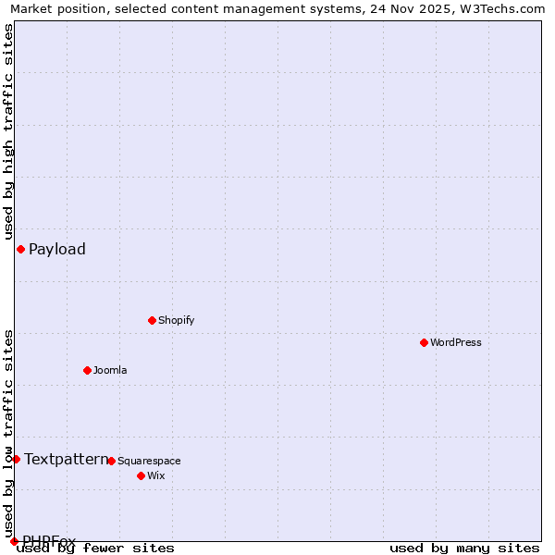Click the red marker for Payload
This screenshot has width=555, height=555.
20,249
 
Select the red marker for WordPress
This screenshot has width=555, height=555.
424,342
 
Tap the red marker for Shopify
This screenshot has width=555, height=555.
152,320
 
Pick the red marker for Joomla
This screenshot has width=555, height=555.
87,370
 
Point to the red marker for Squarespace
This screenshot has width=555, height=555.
111,461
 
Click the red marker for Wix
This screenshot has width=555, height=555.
141,475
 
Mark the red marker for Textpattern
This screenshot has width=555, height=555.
16,459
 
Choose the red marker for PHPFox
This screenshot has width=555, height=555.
14,541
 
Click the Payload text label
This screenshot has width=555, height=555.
57,249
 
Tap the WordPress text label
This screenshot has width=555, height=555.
456,342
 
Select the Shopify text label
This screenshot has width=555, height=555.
177,320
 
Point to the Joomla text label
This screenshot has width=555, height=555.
110,370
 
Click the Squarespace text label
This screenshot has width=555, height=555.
149,461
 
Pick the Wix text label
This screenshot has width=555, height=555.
155,475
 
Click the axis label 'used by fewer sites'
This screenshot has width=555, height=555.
95,548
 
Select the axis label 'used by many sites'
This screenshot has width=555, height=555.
464,548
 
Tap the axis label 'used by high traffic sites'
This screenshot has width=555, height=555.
8,132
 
